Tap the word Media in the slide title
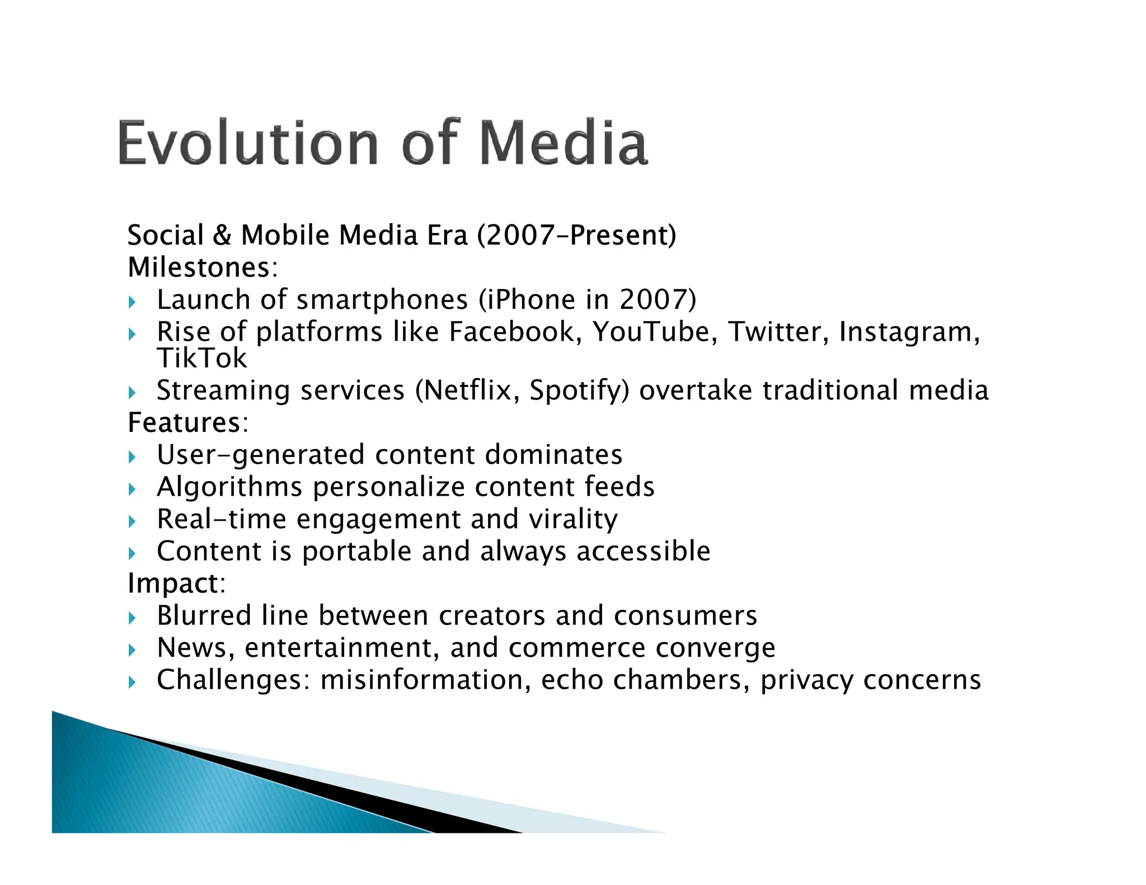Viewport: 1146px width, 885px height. (x=563, y=143)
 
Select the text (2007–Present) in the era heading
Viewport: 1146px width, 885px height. (x=576, y=235)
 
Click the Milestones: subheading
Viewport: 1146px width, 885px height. (x=203, y=267)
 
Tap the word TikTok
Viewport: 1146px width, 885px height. (x=201, y=359)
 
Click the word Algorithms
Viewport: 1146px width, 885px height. (x=229, y=487)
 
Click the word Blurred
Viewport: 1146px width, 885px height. (x=204, y=616)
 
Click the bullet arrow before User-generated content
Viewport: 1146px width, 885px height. (x=132, y=458)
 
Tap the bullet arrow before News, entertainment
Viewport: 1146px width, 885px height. (x=132, y=650)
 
